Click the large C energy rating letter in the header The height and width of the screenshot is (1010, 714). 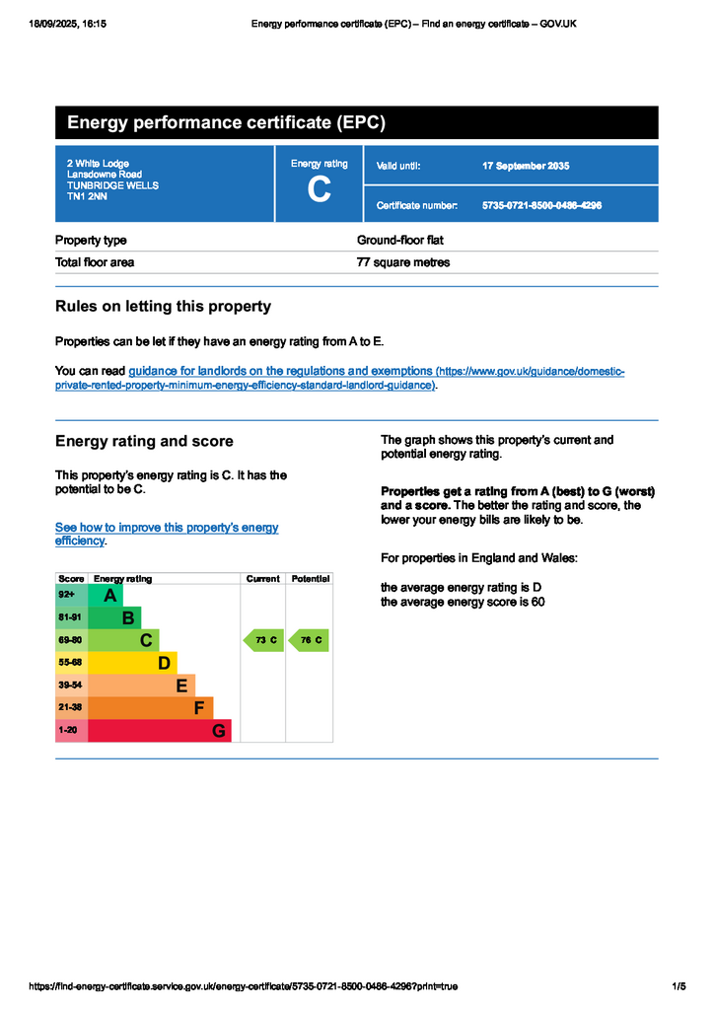coord(319,189)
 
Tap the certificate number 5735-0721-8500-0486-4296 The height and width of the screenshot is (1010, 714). coord(541,205)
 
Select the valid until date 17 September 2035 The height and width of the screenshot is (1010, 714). coord(526,166)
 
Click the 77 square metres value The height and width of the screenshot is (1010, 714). coord(403,262)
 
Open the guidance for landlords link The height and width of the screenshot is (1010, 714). coord(280,371)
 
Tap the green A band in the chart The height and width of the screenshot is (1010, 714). coord(107,596)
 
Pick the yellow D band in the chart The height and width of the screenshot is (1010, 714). coord(132,663)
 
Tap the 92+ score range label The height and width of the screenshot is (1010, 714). coord(67,596)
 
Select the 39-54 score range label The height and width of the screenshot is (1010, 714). coord(70,685)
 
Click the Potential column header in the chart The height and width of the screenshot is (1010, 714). coord(310,579)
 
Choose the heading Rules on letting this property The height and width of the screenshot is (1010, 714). coord(163,307)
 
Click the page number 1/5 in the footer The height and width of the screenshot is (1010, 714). coord(678,986)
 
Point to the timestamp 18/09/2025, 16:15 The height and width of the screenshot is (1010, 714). coord(68,23)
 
